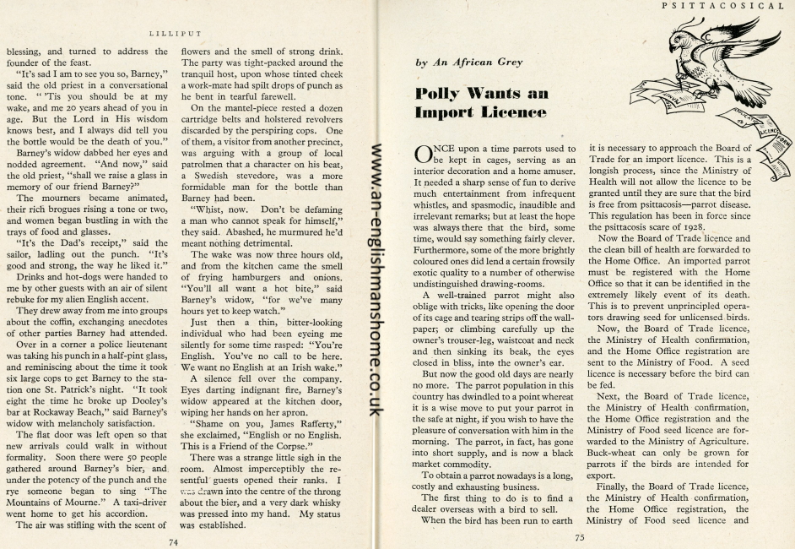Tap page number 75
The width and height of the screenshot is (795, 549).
point(580,535)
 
